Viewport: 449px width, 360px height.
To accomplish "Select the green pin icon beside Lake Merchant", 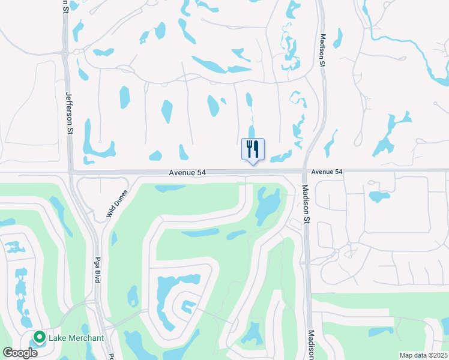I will [40, 338].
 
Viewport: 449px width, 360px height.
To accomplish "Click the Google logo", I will [20, 352].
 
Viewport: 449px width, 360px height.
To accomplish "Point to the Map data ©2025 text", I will [423, 355].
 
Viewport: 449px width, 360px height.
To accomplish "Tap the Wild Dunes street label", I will [117, 204].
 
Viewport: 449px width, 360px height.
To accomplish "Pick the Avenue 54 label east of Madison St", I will [327, 172].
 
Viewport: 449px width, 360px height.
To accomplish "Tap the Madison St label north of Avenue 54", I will [322, 49].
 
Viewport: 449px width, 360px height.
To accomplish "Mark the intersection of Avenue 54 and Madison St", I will [304, 172].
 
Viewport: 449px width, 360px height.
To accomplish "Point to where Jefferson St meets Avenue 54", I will [70, 172].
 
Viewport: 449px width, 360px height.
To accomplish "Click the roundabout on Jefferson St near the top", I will [65, 53].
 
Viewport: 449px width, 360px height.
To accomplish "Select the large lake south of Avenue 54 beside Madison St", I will [267, 205].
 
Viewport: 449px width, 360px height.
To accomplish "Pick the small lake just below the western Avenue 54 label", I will [170, 188].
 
